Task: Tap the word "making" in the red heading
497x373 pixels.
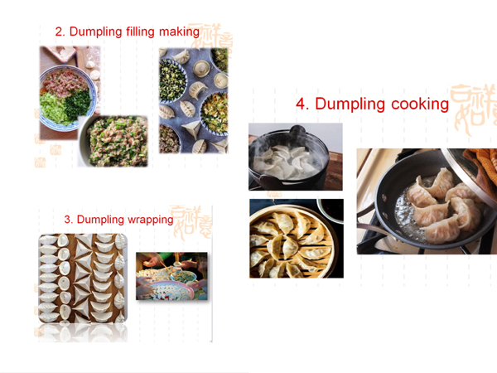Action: coord(179,32)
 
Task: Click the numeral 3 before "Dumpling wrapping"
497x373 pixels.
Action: coord(68,219)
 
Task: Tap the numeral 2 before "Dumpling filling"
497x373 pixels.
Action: coord(60,31)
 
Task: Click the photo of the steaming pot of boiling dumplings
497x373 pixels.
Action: coord(296,157)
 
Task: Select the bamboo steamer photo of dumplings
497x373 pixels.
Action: coord(297,239)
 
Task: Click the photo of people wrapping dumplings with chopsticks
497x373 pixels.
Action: coord(171,276)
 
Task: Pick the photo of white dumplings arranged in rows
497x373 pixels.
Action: coord(83,279)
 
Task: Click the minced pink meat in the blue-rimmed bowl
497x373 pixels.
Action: coord(65,82)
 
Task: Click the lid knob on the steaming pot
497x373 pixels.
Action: coord(297,130)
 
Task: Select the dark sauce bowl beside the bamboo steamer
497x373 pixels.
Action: coord(330,210)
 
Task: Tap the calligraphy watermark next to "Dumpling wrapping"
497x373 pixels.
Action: coord(191,222)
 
